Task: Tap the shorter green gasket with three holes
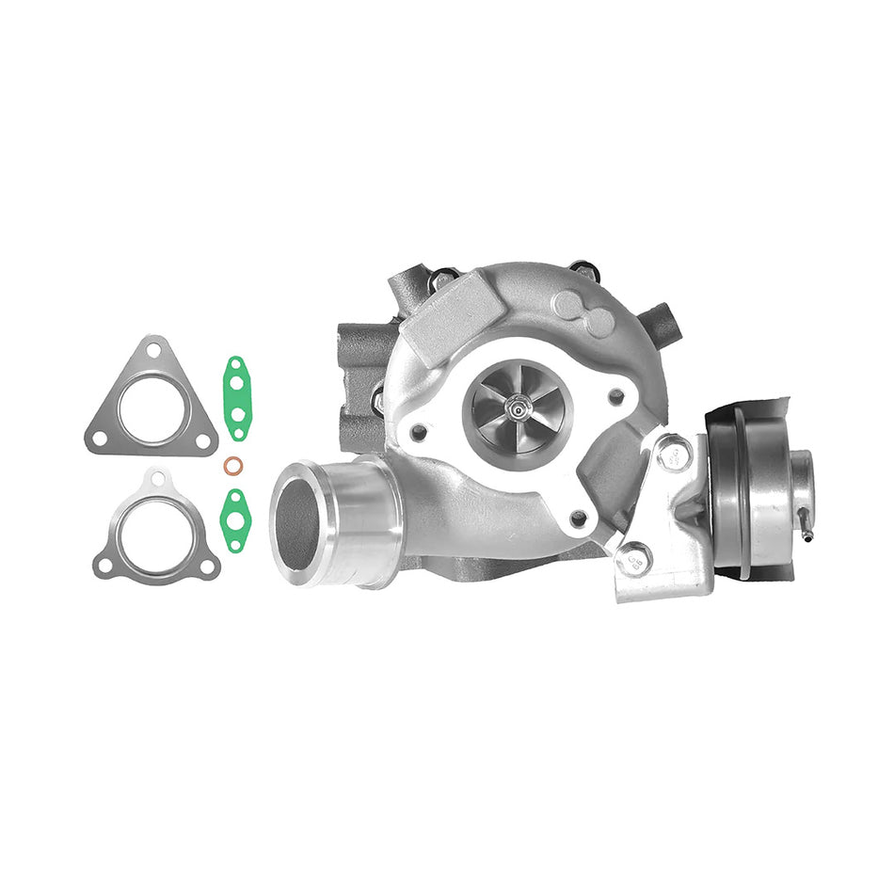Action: point(233,518)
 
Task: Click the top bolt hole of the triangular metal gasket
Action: point(152,355)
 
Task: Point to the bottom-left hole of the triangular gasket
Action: point(99,437)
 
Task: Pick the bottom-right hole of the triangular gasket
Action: point(201,439)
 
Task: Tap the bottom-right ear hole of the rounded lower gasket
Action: point(207,566)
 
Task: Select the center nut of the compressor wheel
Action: point(517,407)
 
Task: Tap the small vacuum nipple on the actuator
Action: point(807,534)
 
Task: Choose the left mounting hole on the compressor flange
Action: point(417,432)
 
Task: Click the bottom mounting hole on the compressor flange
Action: point(578,516)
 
